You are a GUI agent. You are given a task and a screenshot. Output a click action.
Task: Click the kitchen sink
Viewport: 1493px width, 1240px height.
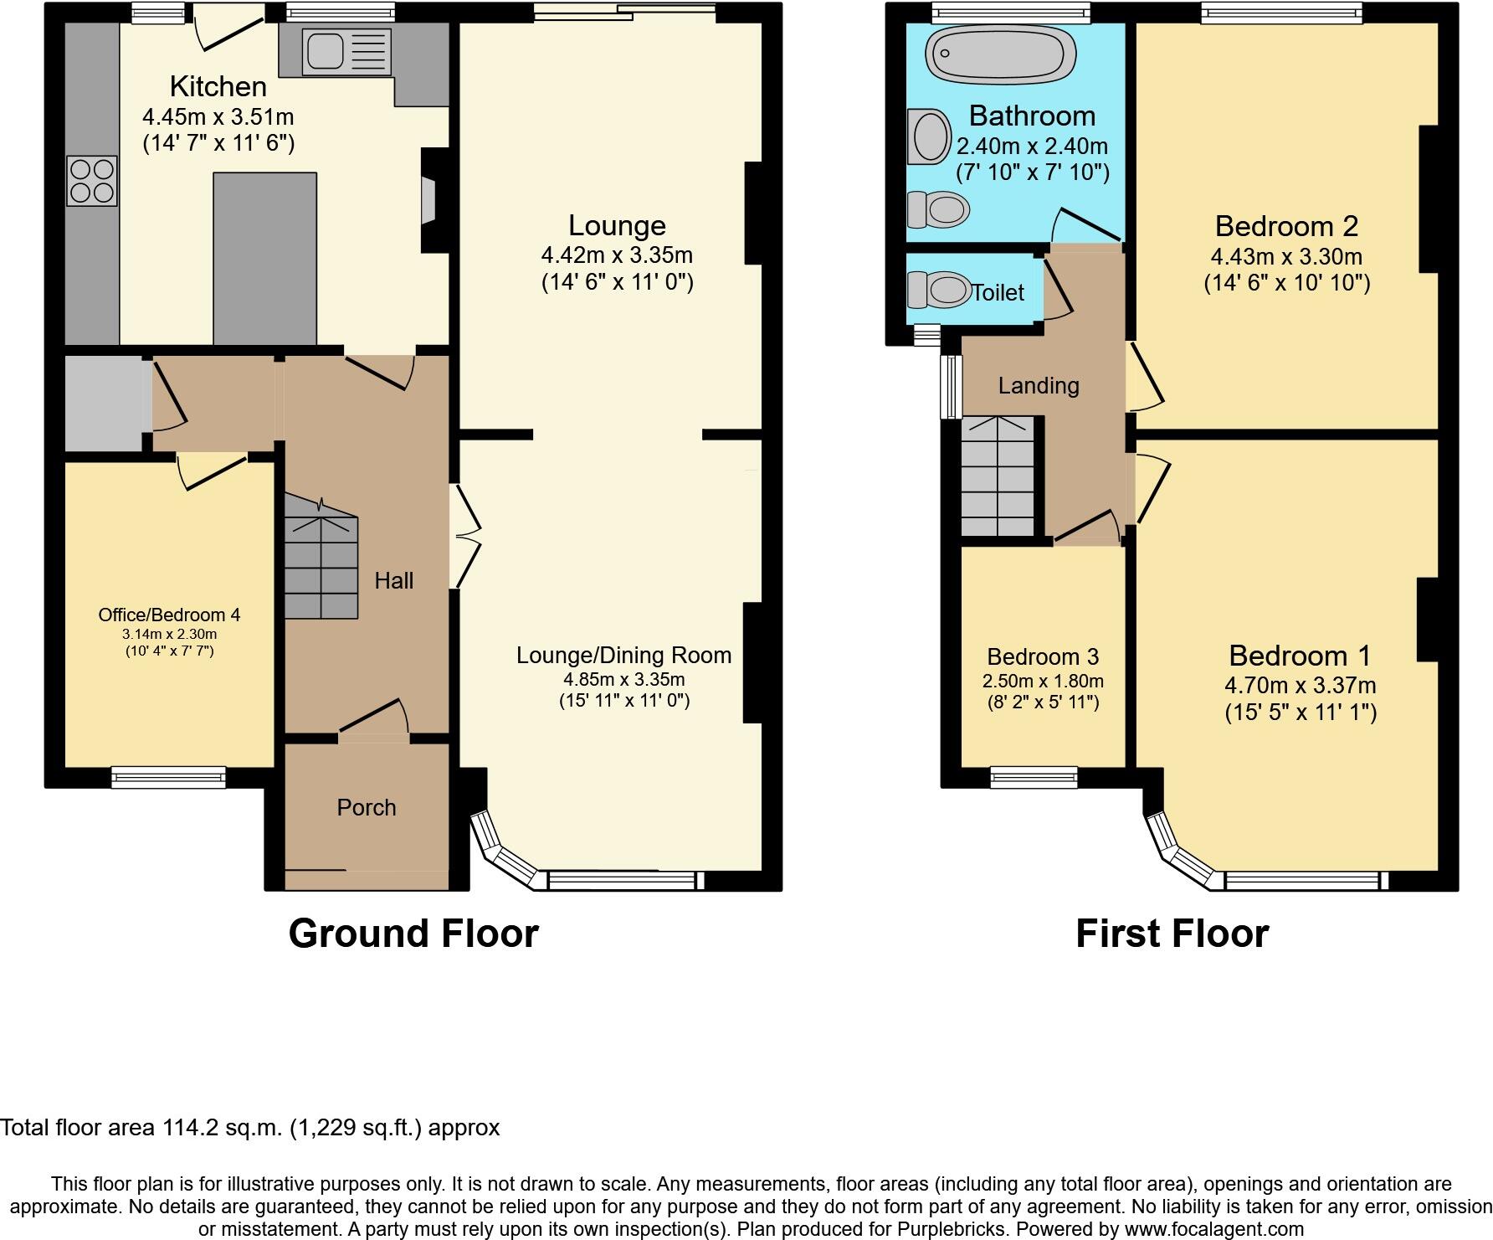pos(326,52)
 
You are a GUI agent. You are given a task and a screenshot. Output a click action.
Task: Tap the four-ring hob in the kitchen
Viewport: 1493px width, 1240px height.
pos(92,181)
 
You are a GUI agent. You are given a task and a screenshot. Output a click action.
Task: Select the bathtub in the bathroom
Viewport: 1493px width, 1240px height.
pos(999,54)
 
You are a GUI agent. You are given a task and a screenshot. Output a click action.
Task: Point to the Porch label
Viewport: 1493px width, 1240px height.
pos(366,807)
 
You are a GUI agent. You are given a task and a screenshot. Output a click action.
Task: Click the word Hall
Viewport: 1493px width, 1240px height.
pos(393,580)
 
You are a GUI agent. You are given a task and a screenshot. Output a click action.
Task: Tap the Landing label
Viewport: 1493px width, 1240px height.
pos(1039,385)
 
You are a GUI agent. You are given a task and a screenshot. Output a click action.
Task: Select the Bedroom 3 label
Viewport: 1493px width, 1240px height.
pos(1043,656)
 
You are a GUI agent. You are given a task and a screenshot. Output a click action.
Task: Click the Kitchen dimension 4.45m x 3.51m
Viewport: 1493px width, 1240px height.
pos(218,116)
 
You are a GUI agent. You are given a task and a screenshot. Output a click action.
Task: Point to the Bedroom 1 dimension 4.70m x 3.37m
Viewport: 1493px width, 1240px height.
pos(1301,685)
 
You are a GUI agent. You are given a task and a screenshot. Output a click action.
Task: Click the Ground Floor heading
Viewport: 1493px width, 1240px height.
pos(413,933)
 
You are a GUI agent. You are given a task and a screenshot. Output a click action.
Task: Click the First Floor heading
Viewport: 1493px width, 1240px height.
pos(1172,933)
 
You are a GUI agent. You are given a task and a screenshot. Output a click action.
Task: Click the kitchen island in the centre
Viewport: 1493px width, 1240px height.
pos(264,258)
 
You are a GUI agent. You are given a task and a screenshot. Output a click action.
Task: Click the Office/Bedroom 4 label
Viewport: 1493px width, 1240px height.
pos(169,615)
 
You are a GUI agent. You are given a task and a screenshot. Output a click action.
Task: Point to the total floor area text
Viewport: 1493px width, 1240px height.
pos(249,1128)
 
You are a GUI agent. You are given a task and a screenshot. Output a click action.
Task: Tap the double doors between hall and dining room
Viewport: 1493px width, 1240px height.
pos(465,537)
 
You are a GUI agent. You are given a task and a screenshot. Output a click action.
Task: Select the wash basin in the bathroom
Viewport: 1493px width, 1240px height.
pos(929,136)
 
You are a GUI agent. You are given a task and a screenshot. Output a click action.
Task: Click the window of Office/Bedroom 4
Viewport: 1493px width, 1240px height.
pos(169,777)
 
